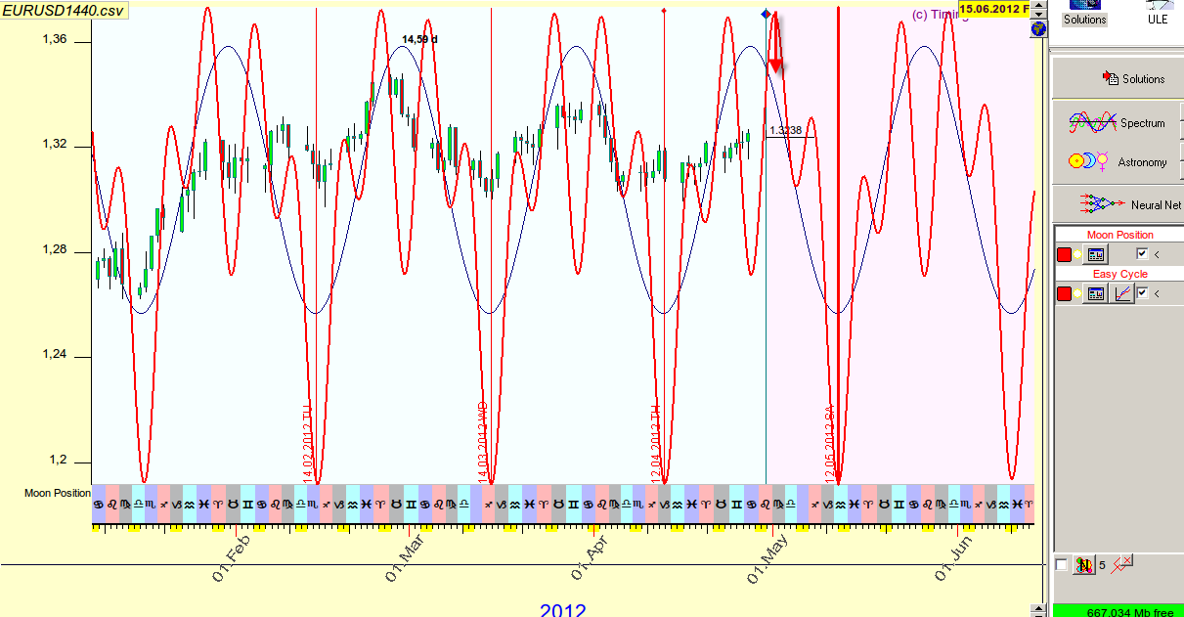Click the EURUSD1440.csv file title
pyautogui.click(x=64, y=9)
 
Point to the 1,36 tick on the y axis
pyautogui.click(x=55, y=39)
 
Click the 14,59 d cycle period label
pyautogui.click(x=419, y=39)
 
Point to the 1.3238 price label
pyautogui.click(x=786, y=130)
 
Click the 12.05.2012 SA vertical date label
pyautogui.click(x=829, y=445)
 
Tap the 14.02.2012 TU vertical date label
pyautogui.click(x=307, y=442)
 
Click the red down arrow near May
pyautogui.click(x=775, y=44)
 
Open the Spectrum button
pyautogui.click(x=1119, y=123)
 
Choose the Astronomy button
pyautogui.click(x=1119, y=162)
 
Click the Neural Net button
pyautogui.click(x=1119, y=204)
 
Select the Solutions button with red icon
pyautogui.click(x=1134, y=79)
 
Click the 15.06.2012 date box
pyautogui.click(x=993, y=9)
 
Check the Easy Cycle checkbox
pyautogui.click(x=1142, y=293)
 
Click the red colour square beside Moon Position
pyautogui.click(x=1065, y=254)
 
